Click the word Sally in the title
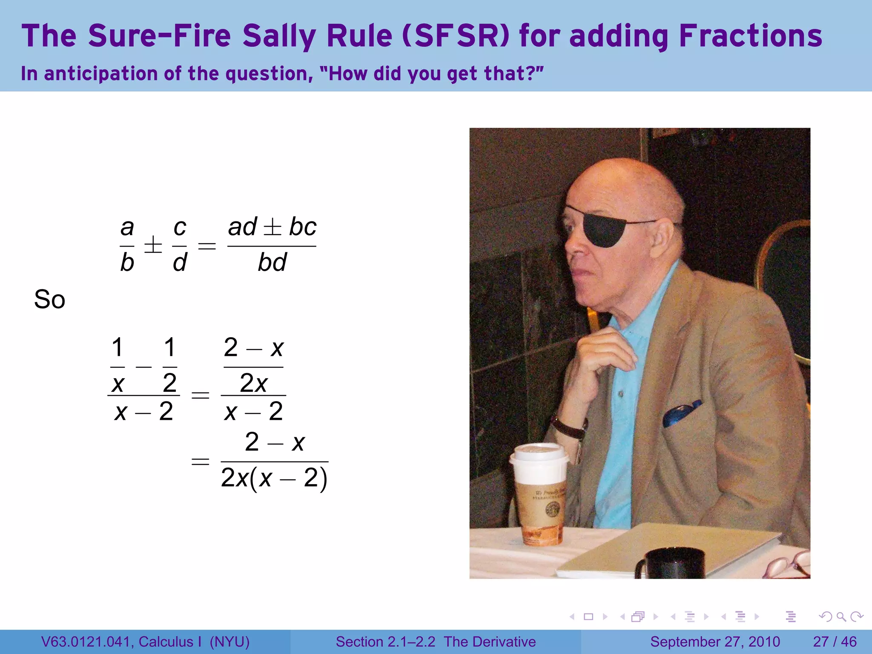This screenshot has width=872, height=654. click(x=278, y=36)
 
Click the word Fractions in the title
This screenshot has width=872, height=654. click(x=750, y=36)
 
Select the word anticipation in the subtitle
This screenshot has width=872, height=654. click(x=101, y=74)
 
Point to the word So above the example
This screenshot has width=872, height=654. click(x=49, y=299)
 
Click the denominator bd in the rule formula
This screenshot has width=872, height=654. click(x=272, y=262)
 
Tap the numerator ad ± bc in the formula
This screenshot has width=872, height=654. click(x=272, y=227)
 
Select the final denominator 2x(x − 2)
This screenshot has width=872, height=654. click(x=274, y=478)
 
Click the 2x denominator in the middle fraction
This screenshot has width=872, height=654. click(x=253, y=383)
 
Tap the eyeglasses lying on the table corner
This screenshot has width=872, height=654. click(x=788, y=564)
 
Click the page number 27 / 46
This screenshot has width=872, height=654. click(x=835, y=642)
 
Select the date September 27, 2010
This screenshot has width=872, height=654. click(x=715, y=642)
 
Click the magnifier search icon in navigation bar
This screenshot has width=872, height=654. click(x=841, y=617)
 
